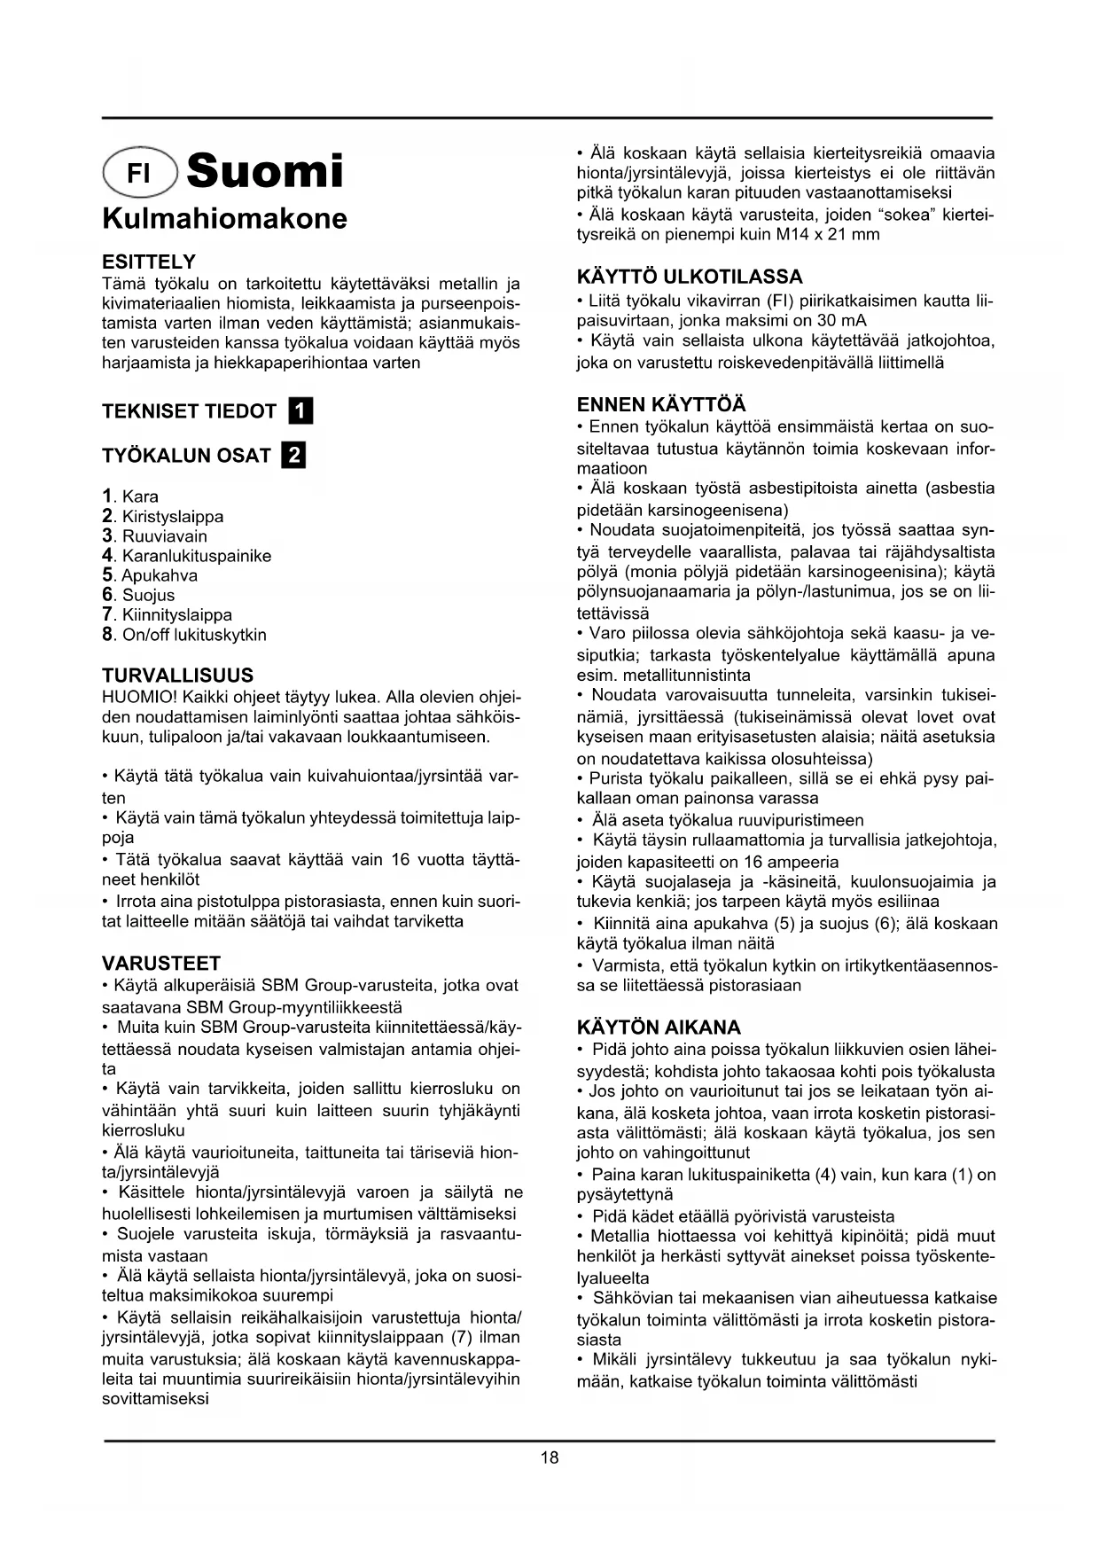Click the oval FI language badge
[140, 171]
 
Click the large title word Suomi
[265, 170]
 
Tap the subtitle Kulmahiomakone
[224, 218]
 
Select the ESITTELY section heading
[149, 262]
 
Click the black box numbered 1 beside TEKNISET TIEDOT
[301, 411]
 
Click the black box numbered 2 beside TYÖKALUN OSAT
[293, 456]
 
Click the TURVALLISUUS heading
[177, 675]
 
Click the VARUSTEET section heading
[161, 963]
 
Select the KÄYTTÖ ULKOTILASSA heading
[690, 277]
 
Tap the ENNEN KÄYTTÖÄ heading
[661, 405]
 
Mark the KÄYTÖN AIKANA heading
[659, 1028]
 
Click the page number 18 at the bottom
[550, 1457]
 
